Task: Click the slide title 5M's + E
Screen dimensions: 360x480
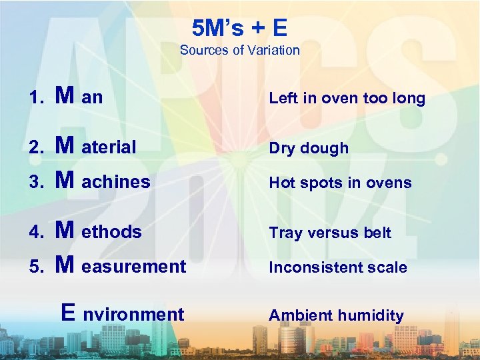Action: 239,28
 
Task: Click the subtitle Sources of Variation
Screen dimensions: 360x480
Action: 239,50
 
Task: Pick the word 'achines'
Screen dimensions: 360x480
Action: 116,181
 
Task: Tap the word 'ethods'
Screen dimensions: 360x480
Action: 111,232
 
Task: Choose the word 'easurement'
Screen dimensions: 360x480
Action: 133,267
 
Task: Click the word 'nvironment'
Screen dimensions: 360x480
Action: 133,314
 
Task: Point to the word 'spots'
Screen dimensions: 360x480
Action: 317,183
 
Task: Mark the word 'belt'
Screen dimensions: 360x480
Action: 377,233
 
